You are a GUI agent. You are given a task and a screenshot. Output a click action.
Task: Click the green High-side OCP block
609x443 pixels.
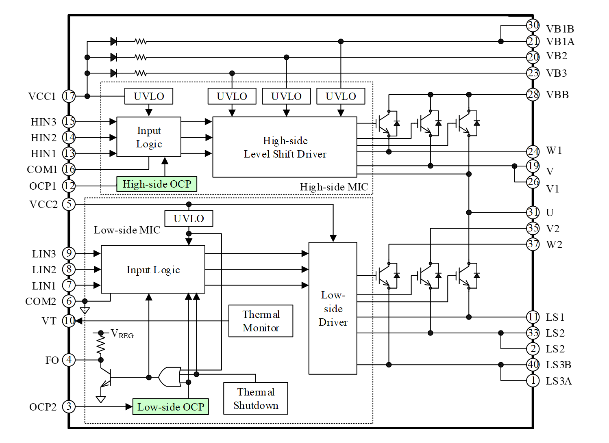(x=157, y=184)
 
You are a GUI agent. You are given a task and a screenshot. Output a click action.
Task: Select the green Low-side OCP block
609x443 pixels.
(x=170, y=407)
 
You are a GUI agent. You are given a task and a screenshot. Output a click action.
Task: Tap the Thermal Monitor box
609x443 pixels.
(x=261, y=321)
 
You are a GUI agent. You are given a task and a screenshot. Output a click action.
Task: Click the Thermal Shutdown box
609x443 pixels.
(x=256, y=398)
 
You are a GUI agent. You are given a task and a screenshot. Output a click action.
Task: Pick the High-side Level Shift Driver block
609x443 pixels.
(x=285, y=147)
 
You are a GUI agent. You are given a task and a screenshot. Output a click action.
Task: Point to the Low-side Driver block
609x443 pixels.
(x=333, y=308)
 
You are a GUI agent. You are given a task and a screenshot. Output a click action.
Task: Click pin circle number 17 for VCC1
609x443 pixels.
(x=69, y=96)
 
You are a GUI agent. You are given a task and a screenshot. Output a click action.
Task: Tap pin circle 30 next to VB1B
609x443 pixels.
(x=533, y=25)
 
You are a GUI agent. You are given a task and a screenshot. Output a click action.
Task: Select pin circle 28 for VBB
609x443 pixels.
(x=533, y=95)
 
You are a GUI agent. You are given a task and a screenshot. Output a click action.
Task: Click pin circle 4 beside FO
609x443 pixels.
(x=69, y=360)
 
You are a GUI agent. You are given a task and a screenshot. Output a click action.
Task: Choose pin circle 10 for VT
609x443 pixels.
(x=69, y=321)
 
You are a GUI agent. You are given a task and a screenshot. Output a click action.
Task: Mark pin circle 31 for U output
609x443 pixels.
(x=533, y=212)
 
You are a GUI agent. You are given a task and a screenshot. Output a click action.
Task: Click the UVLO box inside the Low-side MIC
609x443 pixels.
(x=189, y=218)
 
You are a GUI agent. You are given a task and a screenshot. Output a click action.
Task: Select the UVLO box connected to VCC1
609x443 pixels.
(x=149, y=96)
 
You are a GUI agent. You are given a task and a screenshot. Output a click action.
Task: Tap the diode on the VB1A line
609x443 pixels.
(x=114, y=41)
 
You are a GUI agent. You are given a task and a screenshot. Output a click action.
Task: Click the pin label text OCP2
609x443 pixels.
(x=43, y=407)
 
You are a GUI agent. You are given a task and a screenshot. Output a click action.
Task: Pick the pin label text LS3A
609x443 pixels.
(x=559, y=381)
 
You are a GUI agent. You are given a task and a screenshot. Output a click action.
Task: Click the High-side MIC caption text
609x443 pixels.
(x=334, y=187)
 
